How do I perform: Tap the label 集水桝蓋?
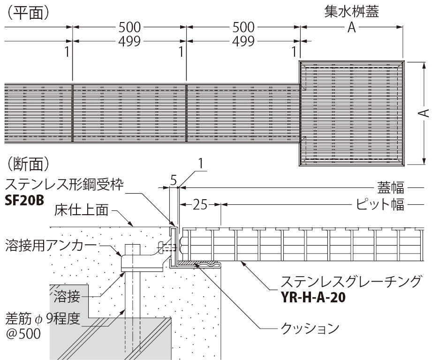point(352,12)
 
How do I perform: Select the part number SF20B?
point(24,201)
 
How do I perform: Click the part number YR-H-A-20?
point(313,297)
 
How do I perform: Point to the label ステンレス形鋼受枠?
point(64,184)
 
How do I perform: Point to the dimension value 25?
point(201,204)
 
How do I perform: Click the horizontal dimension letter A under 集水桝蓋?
point(352,29)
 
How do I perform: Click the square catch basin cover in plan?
point(352,113)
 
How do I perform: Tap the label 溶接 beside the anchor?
point(66,296)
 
